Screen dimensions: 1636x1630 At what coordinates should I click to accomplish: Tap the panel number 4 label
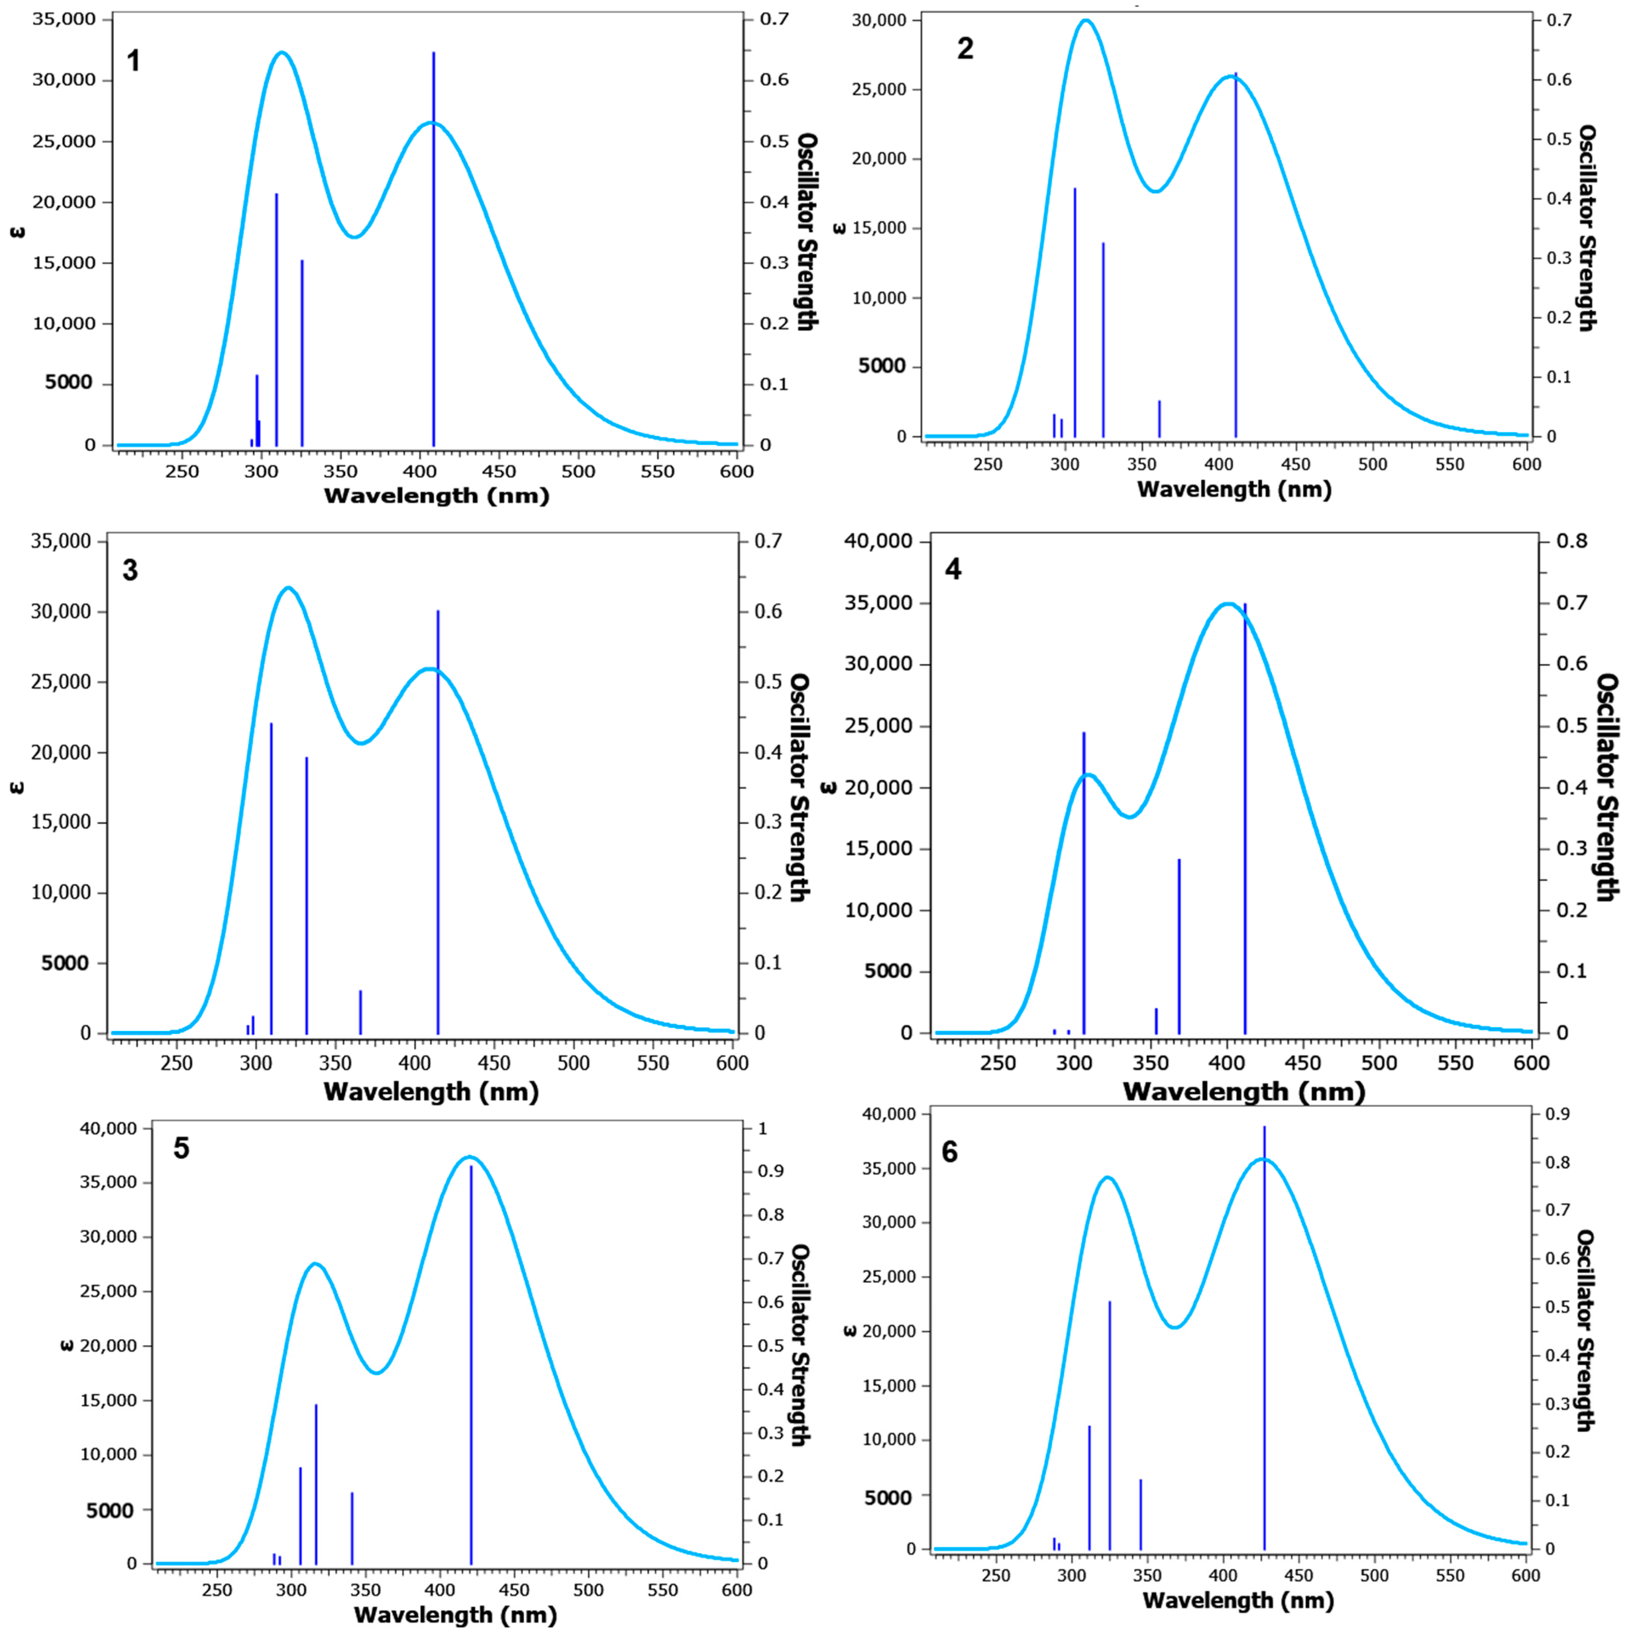tap(953, 569)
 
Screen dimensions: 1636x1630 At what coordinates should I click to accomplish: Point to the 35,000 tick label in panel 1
tap(63, 19)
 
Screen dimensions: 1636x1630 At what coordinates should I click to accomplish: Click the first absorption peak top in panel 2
tap(1085, 21)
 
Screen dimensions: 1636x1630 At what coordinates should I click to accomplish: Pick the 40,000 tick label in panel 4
tap(878, 541)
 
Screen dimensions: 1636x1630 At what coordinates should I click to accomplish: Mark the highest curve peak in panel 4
tap(1228, 604)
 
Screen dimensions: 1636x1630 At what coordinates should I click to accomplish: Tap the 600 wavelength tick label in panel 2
tap(1527, 464)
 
